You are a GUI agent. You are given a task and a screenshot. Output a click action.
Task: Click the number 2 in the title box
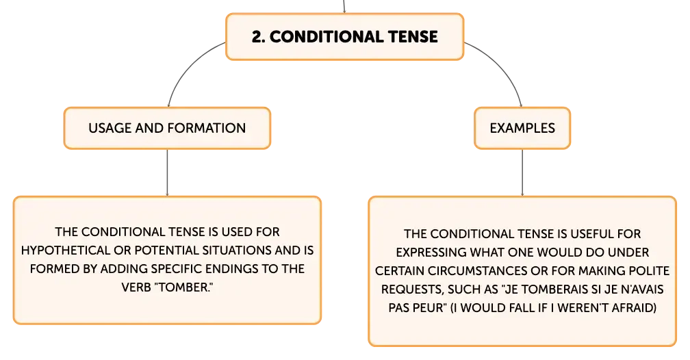click(257, 37)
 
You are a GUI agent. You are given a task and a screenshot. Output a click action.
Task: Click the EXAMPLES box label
click(522, 128)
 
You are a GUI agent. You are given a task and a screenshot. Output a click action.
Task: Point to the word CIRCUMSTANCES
click(452, 270)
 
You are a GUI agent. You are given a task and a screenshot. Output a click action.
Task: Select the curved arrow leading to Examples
click(503, 65)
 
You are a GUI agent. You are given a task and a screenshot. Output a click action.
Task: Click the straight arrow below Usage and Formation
click(167, 172)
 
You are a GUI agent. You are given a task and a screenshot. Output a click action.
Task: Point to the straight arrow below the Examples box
click(522, 172)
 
